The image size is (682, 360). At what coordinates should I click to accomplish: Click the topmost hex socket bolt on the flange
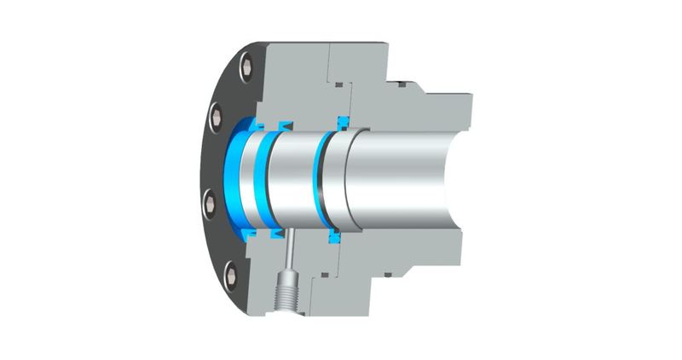[x=246, y=64]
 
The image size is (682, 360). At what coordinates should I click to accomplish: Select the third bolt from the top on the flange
[x=207, y=202]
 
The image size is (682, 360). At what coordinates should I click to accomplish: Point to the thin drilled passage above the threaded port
[x=290, y=251]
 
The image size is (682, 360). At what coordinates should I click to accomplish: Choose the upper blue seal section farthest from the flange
[x=344, y=120]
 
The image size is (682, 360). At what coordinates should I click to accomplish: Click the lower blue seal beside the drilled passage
[x=277, y=231]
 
